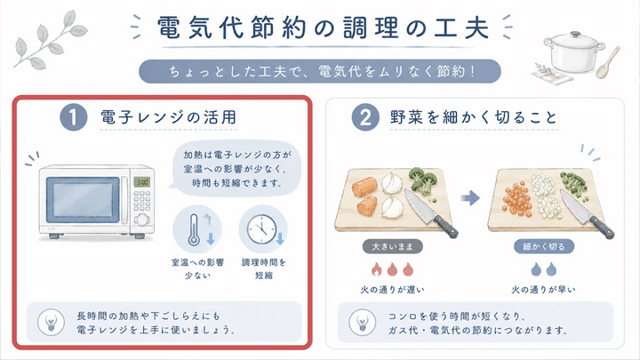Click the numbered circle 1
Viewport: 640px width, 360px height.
pyautogui.click(x=74, y=117)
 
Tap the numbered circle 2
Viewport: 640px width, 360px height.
pyautogui.click(x=365, y=117)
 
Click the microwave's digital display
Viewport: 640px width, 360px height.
pyautogui.click(x=141, y=182)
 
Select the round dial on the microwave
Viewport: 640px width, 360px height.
pyautogui.click(x=141, y=220)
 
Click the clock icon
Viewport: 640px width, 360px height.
pyautogui.click(x=261, y=230)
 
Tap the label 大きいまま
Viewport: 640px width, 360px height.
pyautogui.click(x=392, y=246)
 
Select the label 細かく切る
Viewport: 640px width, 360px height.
pyautogui.click(x=544, y=246)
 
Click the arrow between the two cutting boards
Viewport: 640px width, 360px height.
pyautogui.click(x=470, y=198)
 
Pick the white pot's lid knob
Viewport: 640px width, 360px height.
pyautogui.click(x=575, y=35)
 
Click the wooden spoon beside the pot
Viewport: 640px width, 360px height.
pyautogui.click(x=607, y=62)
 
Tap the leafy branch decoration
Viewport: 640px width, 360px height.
pyautogui.click(x=51, y=40)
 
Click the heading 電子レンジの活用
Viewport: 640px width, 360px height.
pyautogui.click(x=169, y=117)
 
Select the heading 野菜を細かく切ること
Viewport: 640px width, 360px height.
pyautogui.click(x=474, y=117)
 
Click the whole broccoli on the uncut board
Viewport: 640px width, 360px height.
pyautogui.click(x=423, y=180)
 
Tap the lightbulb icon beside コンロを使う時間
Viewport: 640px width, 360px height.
pyautogui.click(x=362, y=322)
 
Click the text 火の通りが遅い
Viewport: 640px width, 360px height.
pyautogui.click(x=392, y=290)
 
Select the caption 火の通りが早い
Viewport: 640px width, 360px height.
pyautogui.click(x=543, y=290)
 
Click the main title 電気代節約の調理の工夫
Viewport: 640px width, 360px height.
pyautogui.click(x=323, y=28)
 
